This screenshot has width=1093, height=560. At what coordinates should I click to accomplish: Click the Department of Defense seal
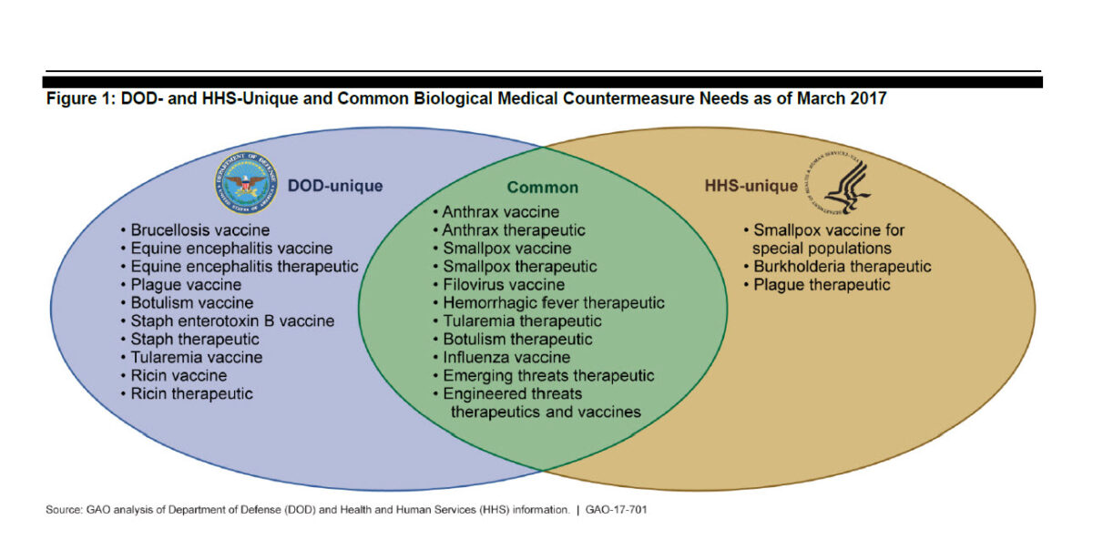point(247,182)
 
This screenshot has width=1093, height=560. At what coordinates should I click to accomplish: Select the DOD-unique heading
point(335,186)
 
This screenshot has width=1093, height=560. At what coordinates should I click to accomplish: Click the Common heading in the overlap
point(543,188)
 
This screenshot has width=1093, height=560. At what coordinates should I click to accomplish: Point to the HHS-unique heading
point(751,186)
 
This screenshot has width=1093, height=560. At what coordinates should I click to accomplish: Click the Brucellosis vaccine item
point(200,230)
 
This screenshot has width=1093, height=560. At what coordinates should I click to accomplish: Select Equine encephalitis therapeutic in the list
point(244,267)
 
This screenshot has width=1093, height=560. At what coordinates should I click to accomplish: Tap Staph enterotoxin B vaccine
point(233,321)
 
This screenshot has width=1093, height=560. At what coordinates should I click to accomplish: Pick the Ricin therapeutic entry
point(192,393)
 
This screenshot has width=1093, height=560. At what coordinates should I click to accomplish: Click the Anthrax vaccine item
point(501,212)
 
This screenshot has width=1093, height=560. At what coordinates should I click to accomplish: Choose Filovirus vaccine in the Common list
point(504,285)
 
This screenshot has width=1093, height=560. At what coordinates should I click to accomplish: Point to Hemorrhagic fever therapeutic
point(554,303)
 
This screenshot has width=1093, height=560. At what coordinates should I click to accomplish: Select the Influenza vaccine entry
point(506,358)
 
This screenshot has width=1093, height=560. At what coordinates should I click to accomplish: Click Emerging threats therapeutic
point(548,375)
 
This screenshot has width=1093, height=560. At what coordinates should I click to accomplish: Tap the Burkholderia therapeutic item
point(843,267)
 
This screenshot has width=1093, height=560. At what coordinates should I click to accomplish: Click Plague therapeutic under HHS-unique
point(822,285)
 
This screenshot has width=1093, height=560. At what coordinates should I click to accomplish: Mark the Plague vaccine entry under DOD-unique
point(186,285)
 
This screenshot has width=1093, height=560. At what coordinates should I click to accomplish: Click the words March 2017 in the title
point(842,98)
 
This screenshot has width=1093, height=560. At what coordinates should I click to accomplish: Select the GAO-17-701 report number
point(617,510)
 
